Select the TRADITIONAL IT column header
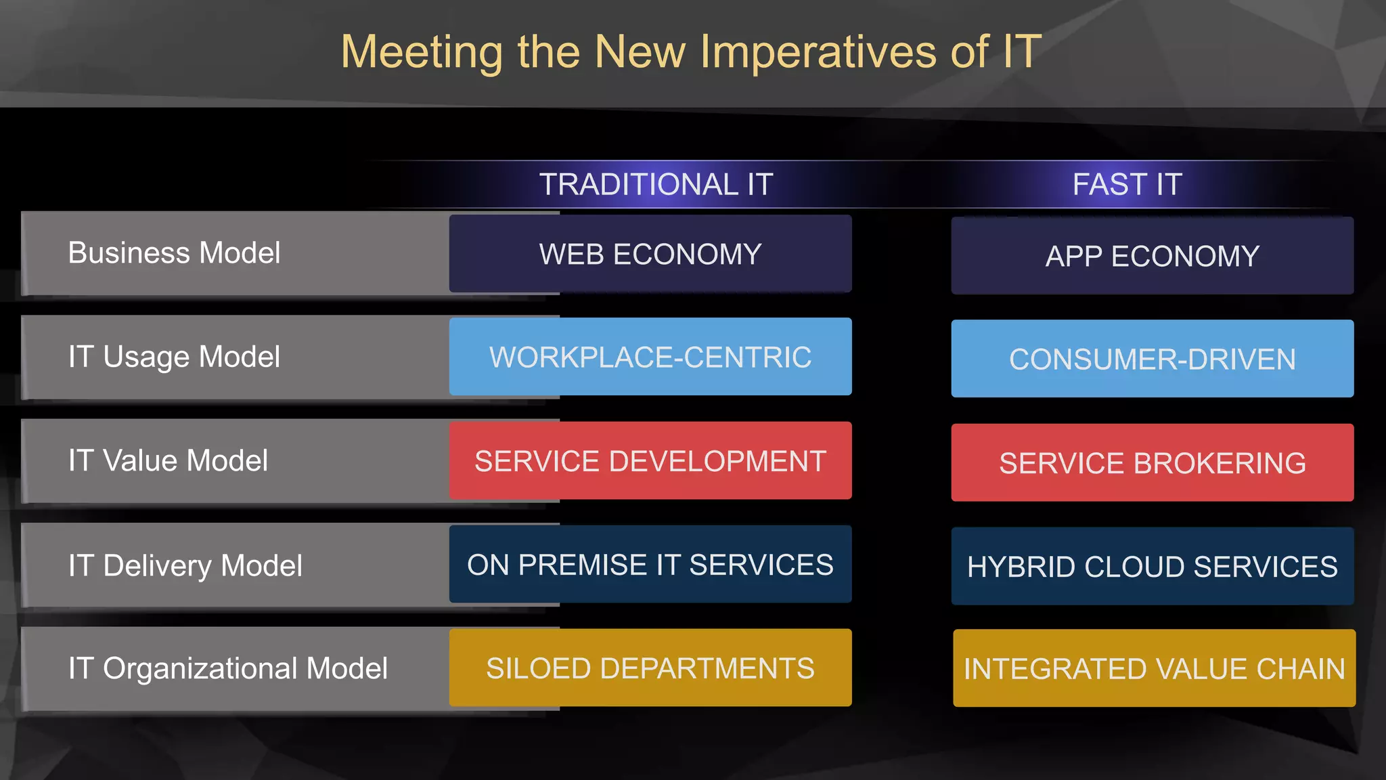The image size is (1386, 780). [656, 184]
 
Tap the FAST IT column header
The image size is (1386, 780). [1127, 184]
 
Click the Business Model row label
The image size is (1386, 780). [174, 253]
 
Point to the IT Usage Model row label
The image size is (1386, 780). [174, 357]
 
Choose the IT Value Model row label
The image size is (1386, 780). [168, 461]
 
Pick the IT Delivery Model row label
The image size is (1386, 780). [185, 565]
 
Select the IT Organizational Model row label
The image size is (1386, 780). [227, 669]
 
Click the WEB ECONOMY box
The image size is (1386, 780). [650, 254]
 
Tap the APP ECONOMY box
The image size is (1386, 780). [1152, 256]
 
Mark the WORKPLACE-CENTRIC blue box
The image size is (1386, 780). [650, 357]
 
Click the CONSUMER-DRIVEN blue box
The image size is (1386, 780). [1152, 359]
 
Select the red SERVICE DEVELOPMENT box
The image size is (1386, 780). [650, 461]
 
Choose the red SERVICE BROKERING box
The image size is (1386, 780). [1152, 463]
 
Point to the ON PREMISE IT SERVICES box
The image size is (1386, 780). [650, 565]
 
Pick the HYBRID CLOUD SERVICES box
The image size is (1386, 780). [1152, 567]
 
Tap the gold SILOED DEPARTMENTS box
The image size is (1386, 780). [650, 668]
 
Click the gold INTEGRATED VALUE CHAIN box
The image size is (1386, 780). [1154, 669]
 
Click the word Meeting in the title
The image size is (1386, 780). [422, 52]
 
